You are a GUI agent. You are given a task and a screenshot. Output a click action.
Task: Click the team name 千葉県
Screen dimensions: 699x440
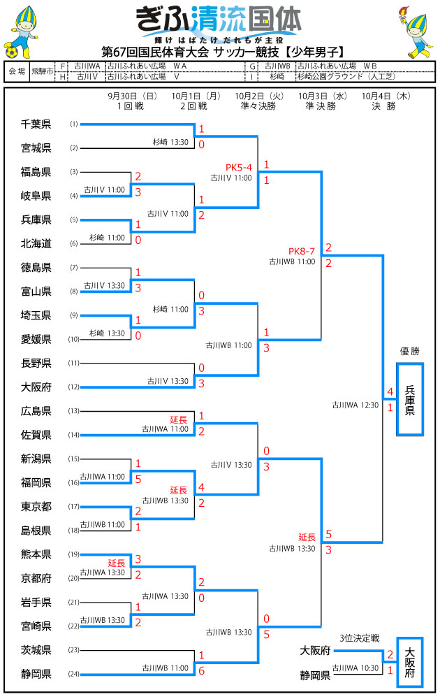[x=36, y=124]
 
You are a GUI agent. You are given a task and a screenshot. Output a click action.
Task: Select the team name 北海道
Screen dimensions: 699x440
[x=36, y=243]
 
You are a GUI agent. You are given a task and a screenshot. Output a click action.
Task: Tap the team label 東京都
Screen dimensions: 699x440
[x=36, y=507]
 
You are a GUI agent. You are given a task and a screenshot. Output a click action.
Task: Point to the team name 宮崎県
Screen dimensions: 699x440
[x=36, y=626]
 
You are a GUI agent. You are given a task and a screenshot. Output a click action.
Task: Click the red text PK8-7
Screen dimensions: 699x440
[x=302, y=251]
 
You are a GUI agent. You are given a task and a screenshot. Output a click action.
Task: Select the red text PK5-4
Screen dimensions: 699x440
[x=239, y=167]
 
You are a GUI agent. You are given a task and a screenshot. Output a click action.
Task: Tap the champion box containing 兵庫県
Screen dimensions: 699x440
[x=410, y=399]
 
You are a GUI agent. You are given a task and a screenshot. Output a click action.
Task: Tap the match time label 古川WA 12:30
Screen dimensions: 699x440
[x=355, y=404]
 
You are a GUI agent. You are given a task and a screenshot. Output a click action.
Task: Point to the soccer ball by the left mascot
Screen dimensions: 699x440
[x=12, y=52]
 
